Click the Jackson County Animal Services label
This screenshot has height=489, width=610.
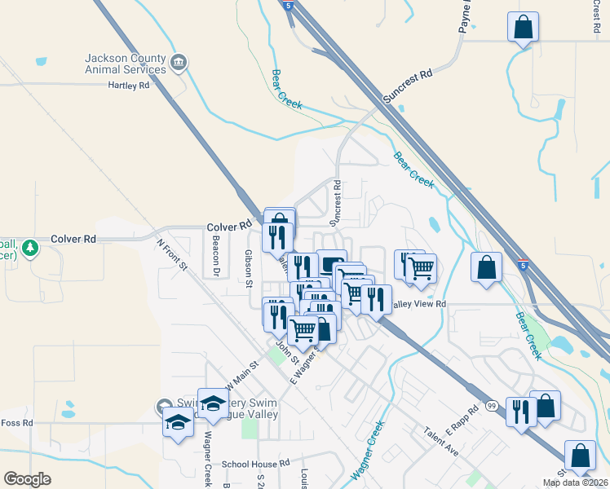(126, 64)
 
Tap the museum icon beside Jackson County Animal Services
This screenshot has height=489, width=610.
(179, 61)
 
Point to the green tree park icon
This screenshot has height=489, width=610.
(29, 247)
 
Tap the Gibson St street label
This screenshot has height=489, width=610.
(249, 267)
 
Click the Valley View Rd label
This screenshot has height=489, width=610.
(419, 304)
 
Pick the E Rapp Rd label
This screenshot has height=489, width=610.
(461, 421)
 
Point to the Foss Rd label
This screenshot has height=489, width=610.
(16, 423)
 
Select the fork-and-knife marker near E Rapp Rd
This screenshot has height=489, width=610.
(519, 412)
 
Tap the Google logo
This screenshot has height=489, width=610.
(27, 478)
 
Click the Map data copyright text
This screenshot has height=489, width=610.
(575, 482)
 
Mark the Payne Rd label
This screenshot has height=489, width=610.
(465, 16)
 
